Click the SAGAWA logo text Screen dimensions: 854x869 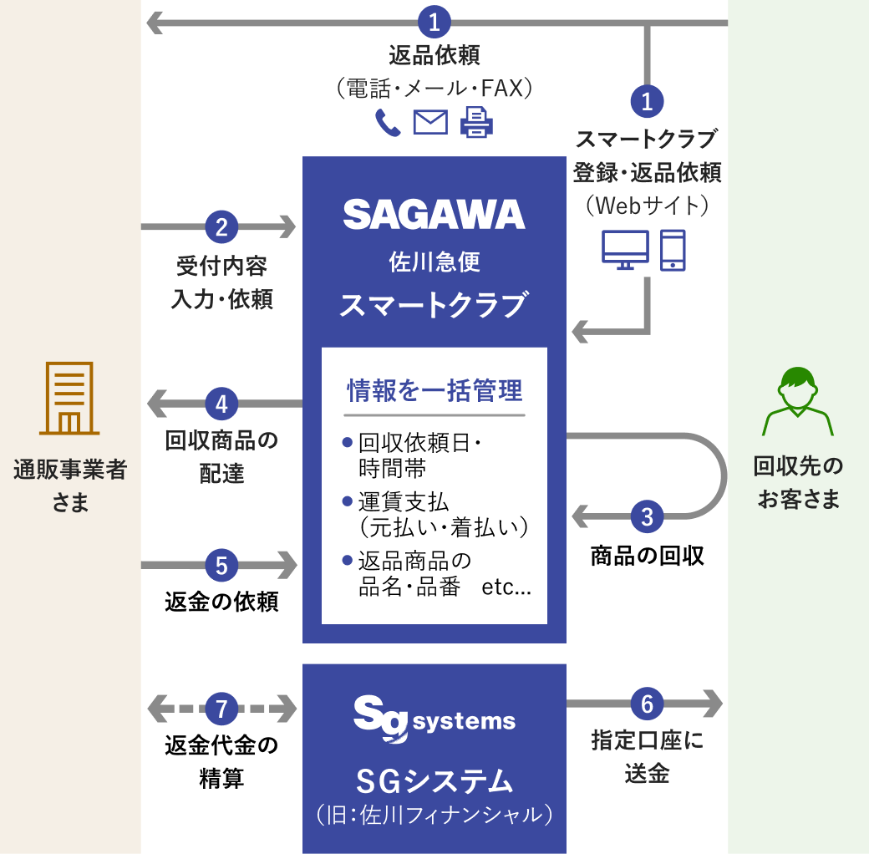[434, 214]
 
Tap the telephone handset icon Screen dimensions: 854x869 [388, 123]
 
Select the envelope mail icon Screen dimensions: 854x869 [430, 123]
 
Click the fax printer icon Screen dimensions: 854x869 [476, 123]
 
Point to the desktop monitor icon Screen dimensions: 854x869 [625, 250]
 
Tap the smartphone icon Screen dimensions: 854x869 [673, 250]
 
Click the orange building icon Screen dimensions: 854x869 [69, 399]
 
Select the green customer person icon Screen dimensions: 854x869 [797, 402]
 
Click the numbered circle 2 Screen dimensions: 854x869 [221, 226]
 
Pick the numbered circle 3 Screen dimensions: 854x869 [647, 516]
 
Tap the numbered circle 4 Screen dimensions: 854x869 [221, 404]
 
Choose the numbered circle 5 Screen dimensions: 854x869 [221, 566]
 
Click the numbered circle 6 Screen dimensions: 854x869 [647, 704]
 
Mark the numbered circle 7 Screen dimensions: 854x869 [221, 709]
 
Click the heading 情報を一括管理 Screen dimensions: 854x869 [434, 390]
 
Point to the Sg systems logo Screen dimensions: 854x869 [434, 718]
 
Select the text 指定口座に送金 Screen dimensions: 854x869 [647, 756]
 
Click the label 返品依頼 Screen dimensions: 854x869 [434, 57]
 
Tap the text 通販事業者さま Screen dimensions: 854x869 [70, 485]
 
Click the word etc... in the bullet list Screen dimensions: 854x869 [506, 587]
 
